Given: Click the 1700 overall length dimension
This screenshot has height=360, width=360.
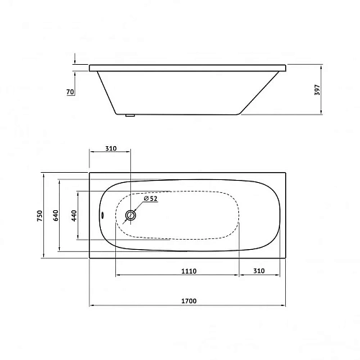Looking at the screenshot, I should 189,300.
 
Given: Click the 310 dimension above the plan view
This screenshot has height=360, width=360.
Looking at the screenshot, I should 110,149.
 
